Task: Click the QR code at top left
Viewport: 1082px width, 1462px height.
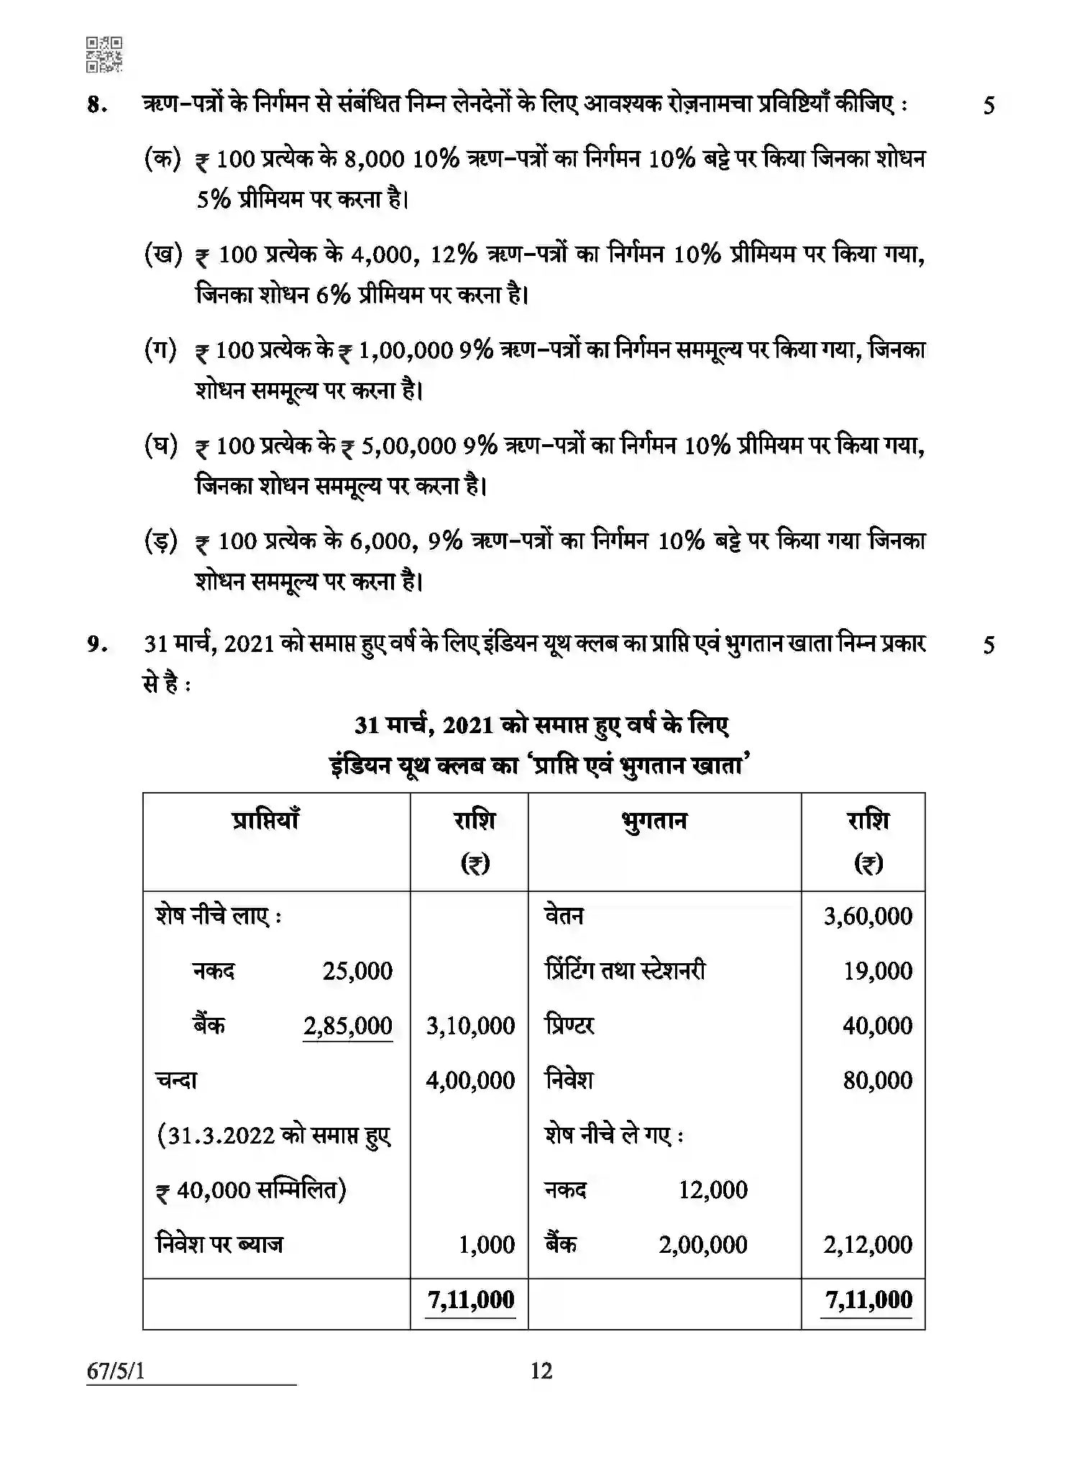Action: tap(104, 55)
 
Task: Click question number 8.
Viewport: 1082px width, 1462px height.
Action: tap(96, 106)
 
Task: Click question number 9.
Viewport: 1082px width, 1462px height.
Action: tap(96, 644)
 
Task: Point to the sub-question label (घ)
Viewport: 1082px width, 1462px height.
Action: tap(162, 446)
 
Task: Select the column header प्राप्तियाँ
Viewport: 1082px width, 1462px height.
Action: tap(265, 820)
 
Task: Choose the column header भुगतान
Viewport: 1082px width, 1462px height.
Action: tap(654, 820)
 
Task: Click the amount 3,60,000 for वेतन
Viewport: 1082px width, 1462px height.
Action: tap(868, 916)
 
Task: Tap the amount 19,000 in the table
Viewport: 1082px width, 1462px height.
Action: tap(877, 971)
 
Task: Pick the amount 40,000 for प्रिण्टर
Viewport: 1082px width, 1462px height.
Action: tap(877, 1026)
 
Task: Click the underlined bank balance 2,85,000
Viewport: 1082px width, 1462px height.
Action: tap(348, 1026)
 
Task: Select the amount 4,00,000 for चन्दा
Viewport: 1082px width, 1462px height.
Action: tap(470, 1080)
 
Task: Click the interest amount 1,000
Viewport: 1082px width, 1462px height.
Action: tap(487, 1244)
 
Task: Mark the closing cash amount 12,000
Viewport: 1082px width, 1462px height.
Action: tap(712, 1190)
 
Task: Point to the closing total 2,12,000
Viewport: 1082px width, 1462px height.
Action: tap(868, 1244)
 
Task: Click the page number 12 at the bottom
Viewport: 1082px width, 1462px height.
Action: tap(541, 1371)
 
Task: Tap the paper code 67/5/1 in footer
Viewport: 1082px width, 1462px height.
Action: tap(116, 1371)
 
